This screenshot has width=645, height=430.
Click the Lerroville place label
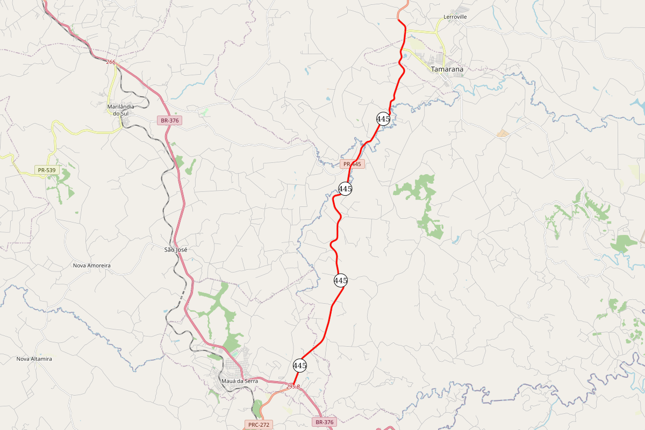click(x=455, y=17)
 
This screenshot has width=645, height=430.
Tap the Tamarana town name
click(x=447, y=69)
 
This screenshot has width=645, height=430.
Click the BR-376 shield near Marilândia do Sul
click(x=169, y=120)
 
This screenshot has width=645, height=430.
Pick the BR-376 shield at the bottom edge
click(x=325, y=422)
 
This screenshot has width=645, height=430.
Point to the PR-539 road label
click(x=47, y=170)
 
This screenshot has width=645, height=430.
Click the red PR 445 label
click(x=352, y=164)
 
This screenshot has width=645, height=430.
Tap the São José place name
click(x=176, y=250)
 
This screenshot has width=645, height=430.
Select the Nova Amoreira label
click(x=92, y=266)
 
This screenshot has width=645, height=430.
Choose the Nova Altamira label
click(x=34, y=359)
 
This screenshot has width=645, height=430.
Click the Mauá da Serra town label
click(x=240, y=381)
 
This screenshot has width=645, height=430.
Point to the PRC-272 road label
click(x=258, y=425)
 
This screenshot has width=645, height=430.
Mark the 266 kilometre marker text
click(x=111, y=62)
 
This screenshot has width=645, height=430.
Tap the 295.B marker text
click(x=293, y=386)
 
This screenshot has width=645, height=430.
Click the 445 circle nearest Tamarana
click(x=383, y=119)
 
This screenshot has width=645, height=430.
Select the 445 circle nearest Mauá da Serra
click(x=300, y=365)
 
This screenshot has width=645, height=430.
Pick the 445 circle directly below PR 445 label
click(x=345, y=189)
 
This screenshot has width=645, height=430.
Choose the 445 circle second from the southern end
click(x=341, y=280)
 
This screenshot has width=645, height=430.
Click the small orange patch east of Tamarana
click(x=503, y=133)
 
